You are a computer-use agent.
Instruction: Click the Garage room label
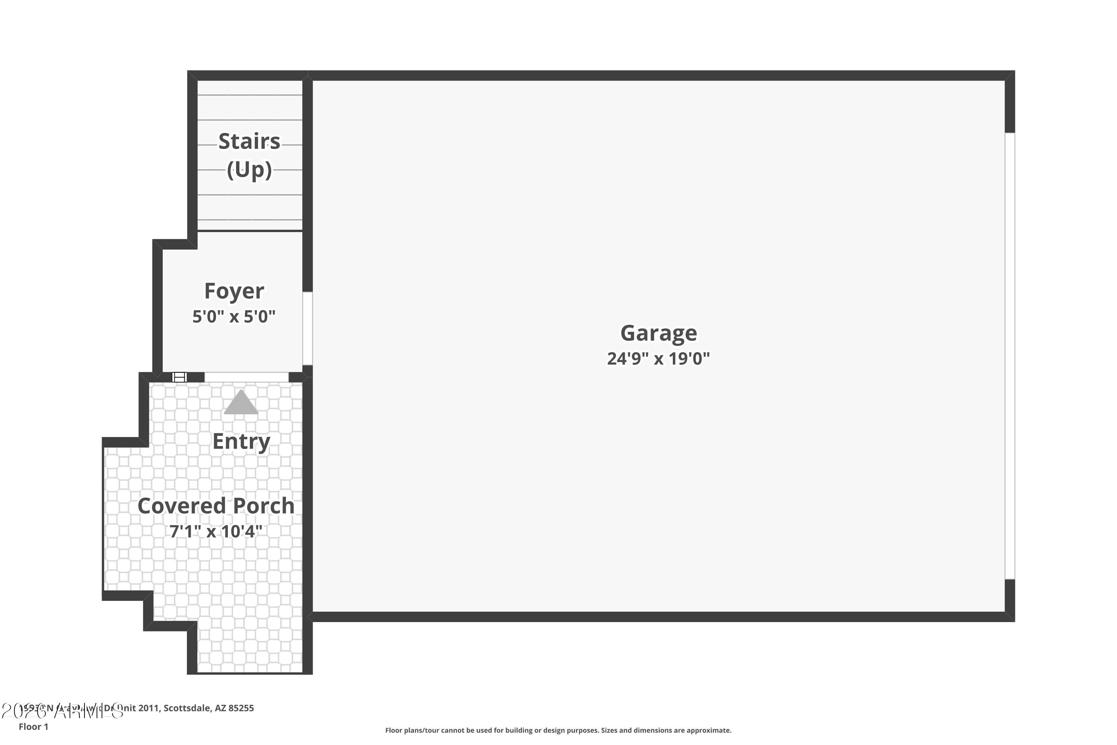pos(658,333)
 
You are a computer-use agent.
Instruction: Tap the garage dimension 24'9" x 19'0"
pos(658,359)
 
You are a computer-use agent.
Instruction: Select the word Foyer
pos(234,291)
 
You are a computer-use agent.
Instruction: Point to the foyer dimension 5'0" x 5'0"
pos(234,316)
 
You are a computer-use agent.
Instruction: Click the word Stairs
pos(249,142)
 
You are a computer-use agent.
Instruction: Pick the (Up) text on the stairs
pos(249,169)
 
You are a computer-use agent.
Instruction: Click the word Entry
pos(241,441)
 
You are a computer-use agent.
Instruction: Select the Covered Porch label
pos(216,505)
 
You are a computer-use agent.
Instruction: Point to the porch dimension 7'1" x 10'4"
pos(216,531)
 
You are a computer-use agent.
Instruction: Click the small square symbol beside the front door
pos(179,377)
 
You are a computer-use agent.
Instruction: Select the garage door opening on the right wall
pos(1010,356)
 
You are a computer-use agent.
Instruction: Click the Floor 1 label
pos(33,726)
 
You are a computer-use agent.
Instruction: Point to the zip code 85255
pos(241,708)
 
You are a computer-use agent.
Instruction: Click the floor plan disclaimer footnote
pos(558,730)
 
